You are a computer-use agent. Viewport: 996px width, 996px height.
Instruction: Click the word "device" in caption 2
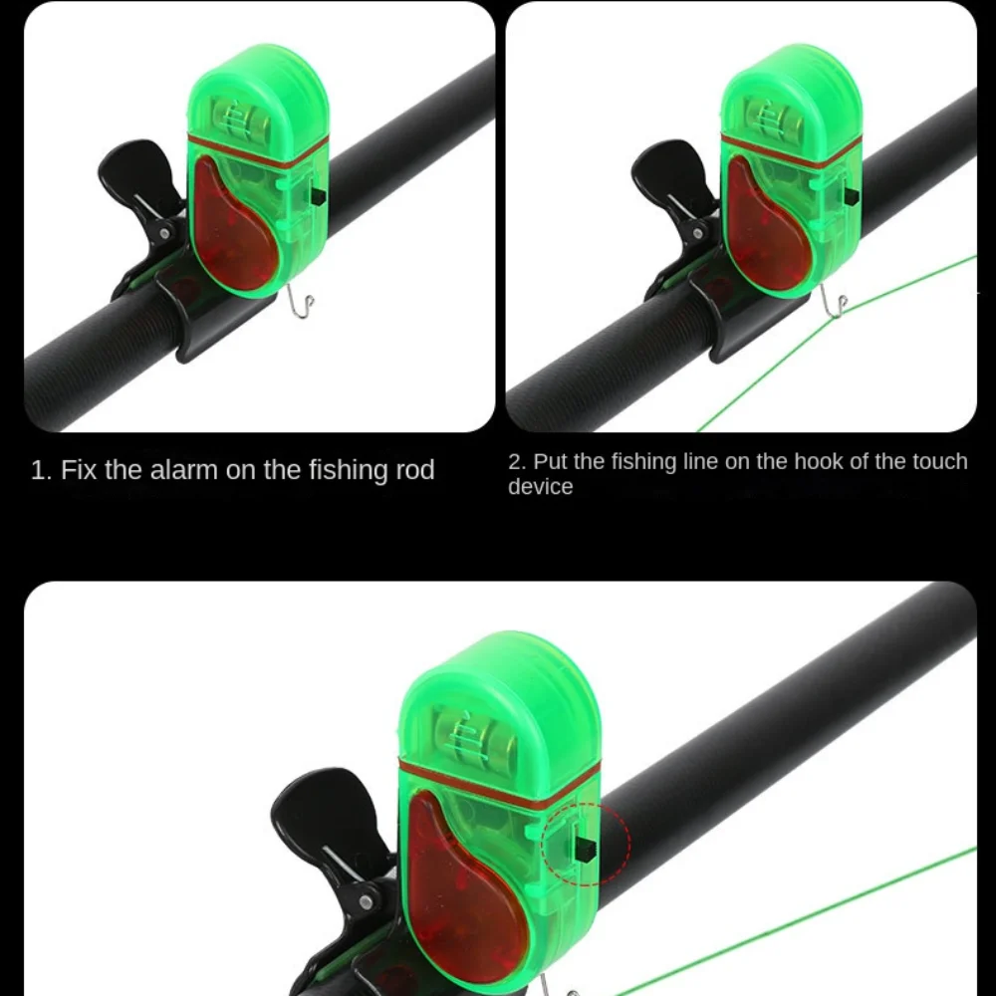click(x=540, y=487)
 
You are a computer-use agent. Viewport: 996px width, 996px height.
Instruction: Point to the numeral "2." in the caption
click(x=518, y=462)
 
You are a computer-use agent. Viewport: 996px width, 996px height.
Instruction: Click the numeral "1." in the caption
click(x=41, y=471)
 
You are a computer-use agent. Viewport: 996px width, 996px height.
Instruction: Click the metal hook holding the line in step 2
click(x=833, y=301)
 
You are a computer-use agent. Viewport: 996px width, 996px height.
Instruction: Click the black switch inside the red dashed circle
click(x=585, y=850)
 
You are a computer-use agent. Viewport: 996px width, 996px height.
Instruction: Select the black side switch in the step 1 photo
click(x=318, y=197)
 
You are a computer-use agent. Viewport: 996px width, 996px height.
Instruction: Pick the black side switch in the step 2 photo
click(x=852, y=197)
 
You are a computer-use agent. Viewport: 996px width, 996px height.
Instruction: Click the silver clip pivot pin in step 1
click(x=164, y=234)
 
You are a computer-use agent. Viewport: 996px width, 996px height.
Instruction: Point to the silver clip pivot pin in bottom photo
click(x=366, y=902)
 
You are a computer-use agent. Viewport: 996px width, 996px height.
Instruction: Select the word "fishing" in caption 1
click(x=348, y=471)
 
